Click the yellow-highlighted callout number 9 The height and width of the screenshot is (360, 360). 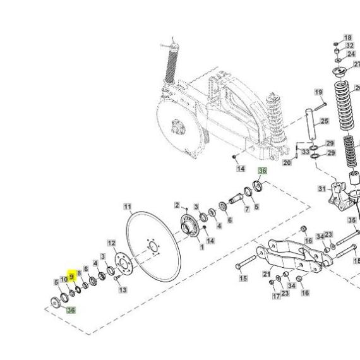click(x=71, y=277)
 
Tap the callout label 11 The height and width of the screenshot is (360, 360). click(x=128, y=207)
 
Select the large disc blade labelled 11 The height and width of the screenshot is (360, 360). click(x=153, y=247)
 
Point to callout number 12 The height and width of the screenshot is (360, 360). click(x=112, y=243)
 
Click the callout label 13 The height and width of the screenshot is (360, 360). click(x=123, y=290)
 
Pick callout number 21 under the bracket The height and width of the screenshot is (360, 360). click(x=267, y=274)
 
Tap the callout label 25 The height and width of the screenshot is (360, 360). click(x=325, y=121)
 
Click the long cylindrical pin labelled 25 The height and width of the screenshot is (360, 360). click(x=310, y=124)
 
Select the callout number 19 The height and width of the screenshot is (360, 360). click(x=318, y=92)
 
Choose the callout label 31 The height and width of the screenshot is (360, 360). click(x=322, y=189)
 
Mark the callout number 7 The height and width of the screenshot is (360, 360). click(x=247, y=209)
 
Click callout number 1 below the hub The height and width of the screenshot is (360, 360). click(x=202, y=247)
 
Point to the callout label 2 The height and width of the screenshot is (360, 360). click(x=177, y=205)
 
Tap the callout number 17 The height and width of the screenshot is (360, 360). click(x=277, y=296)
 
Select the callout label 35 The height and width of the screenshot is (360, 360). click(x=352, y=220)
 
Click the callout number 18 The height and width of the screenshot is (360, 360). click(x=347, y=37)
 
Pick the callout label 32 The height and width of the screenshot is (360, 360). click(x=350, y=45)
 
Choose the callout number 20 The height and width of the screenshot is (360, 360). click(x=287, y=162)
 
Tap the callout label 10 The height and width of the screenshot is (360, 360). click(x=64, y=279)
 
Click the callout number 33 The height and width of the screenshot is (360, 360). click(x=305, y=152)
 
